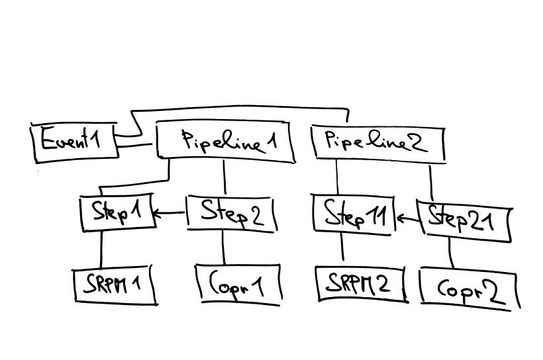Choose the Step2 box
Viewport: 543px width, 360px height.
[x=228, y=214]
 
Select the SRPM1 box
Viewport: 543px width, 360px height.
[x=115, y=285]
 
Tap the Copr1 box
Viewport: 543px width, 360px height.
[x=238, y=284]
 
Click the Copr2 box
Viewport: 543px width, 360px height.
[x=468, y=289]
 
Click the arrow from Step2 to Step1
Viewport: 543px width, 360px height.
[x=170, y=213]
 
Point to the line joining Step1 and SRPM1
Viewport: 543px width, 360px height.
[x=101, y=249]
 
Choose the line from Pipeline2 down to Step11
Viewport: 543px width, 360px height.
[x=337, y=179]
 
